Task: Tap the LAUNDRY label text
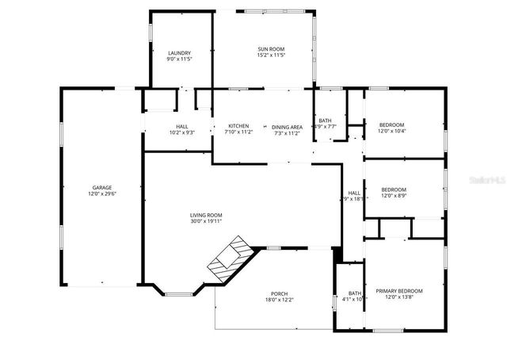coord(179,53)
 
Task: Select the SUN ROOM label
coord(270,49)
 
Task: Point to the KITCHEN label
coord(239,126)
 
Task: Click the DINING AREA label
coord(287,127)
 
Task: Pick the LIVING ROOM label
coord(205,215)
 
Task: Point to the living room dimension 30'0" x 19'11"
coord(205,221)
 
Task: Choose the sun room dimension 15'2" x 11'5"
coord(270,56)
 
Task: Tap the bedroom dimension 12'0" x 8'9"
coord(394,196)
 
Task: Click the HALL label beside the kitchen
coord(177,126)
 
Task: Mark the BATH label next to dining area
coord(325,121)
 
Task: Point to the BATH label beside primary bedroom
coord(354,293)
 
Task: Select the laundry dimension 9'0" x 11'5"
coord(179,59)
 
